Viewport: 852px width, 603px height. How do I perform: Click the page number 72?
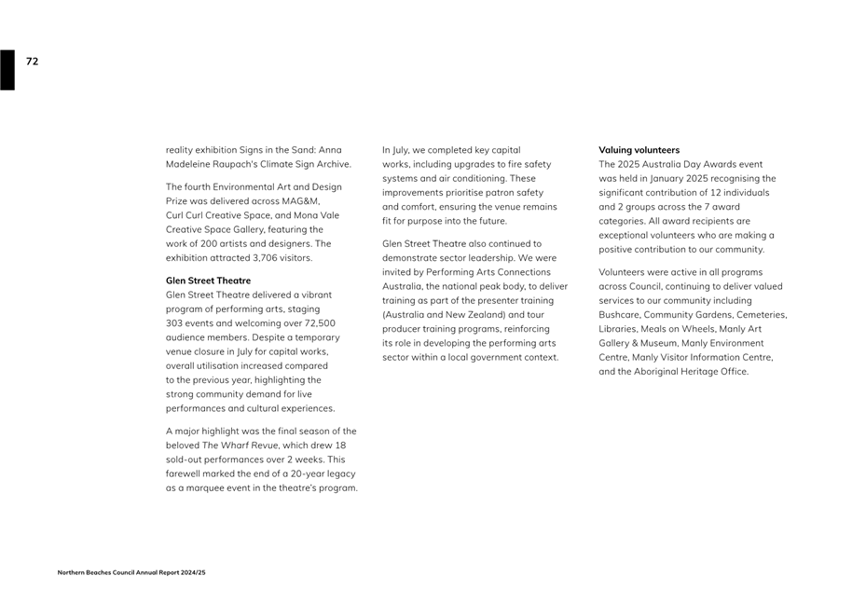click(x=33, y=62)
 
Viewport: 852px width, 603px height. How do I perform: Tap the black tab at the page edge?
click(x=7, y=70)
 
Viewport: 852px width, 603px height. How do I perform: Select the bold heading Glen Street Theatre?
click(x=208, y=281)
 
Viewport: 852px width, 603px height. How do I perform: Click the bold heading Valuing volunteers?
click(x=639, y=150)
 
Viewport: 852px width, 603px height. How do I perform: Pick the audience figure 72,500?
click(x=320, y=323)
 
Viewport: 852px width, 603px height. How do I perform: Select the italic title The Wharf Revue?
click(x=240, y=445)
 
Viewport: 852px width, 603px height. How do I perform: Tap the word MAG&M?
click(x=299, y=201)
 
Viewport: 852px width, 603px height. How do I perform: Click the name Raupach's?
click(x=233, y=165)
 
